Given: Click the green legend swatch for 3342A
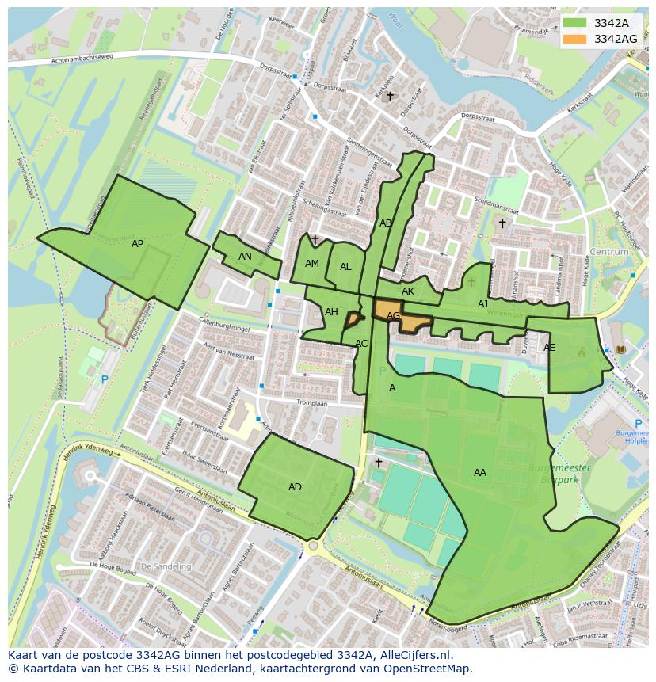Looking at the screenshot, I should coord(575,23).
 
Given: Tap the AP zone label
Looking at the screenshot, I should coord(138,244).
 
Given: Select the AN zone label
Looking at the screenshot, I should coord(245,257).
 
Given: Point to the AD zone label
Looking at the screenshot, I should coord(295,487).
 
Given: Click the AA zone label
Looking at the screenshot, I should coord(480,473).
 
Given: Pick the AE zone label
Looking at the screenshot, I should coord(549,348).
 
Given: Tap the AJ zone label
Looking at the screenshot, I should coord(482,304).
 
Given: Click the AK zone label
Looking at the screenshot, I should coord(408,291).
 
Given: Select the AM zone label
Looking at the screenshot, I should coord(312,264).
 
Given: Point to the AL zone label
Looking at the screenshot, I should coord(345,267).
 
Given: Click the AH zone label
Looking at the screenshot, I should coord(331,312).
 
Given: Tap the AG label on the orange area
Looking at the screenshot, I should coord(393,316).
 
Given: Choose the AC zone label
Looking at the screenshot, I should coord(361,344).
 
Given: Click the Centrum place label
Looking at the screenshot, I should coord(609,252).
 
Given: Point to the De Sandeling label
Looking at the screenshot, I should coord(166,567).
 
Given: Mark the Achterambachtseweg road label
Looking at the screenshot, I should coord(83,60).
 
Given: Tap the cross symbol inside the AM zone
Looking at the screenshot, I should coord(315,239).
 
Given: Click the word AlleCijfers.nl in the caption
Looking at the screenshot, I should coord(414,655).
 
